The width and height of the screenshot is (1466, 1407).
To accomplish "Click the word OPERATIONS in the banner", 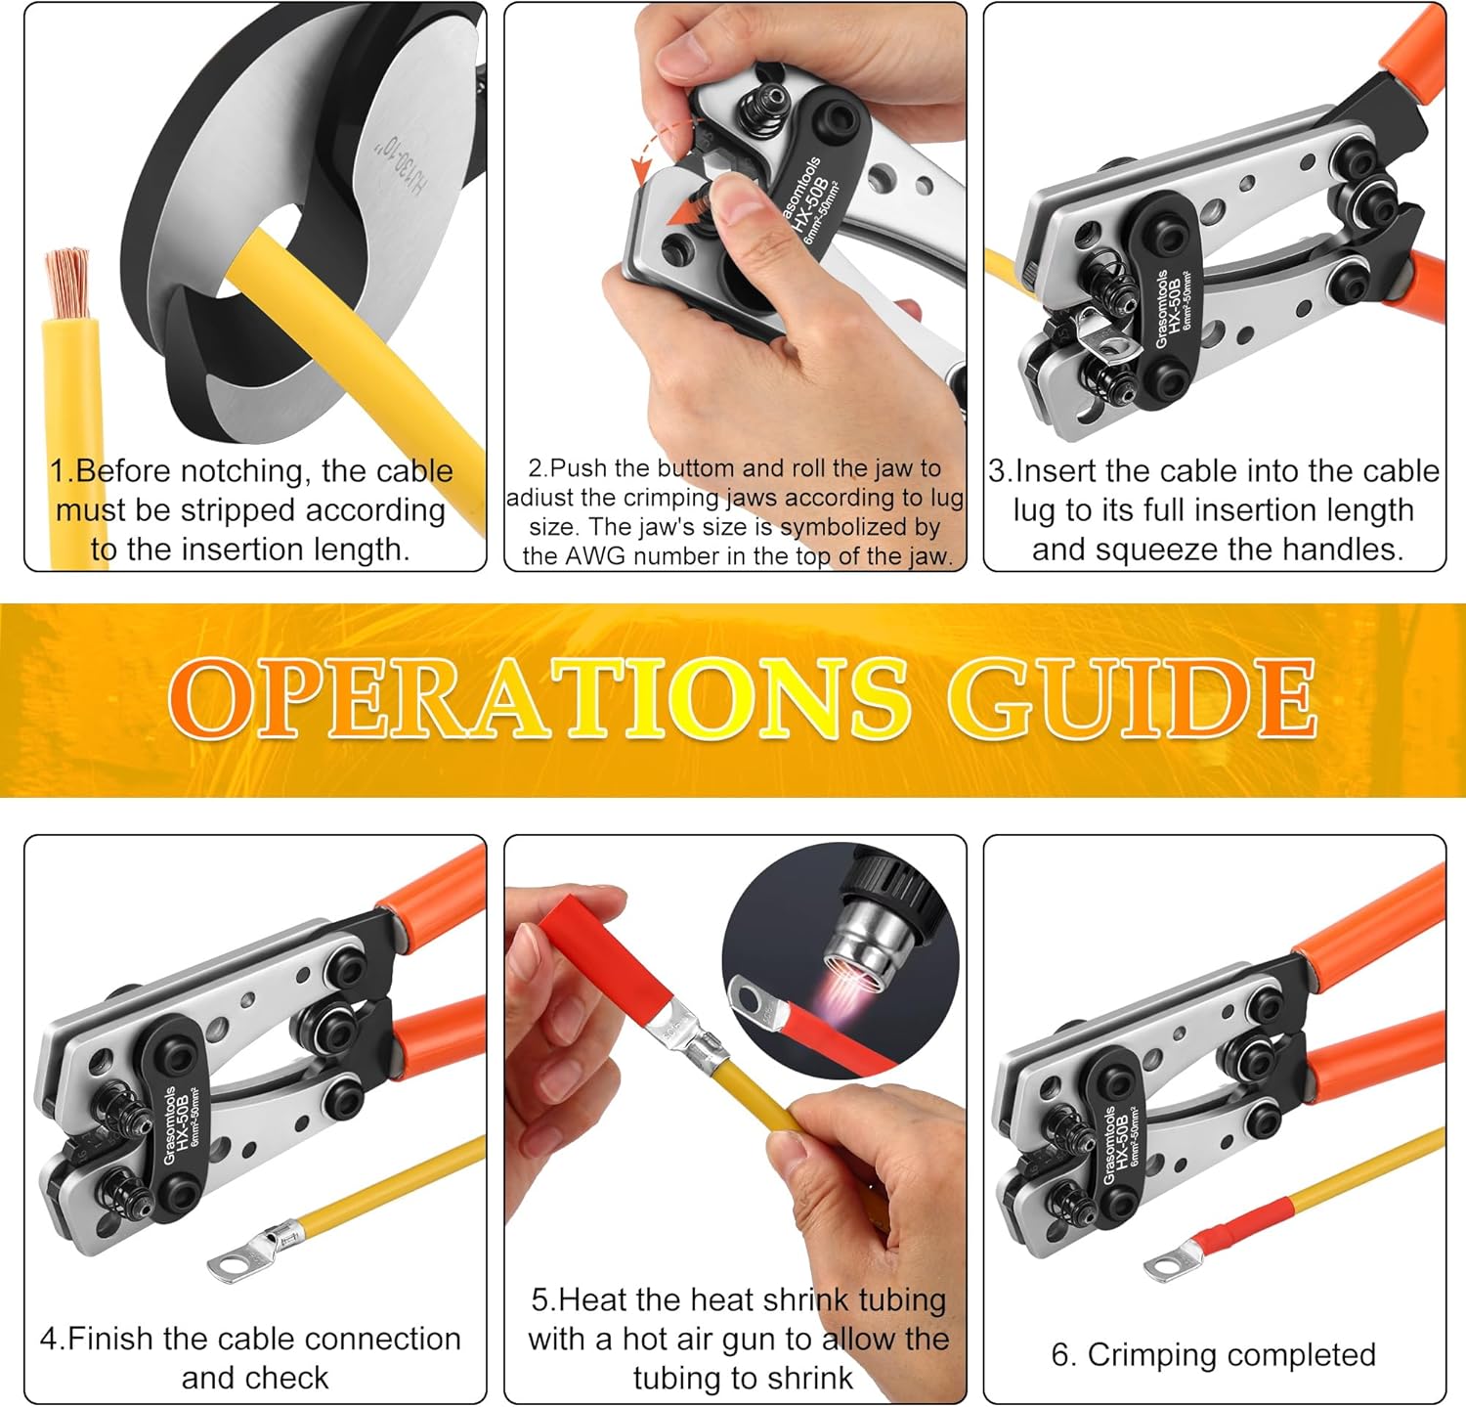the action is click(x=539, y=698).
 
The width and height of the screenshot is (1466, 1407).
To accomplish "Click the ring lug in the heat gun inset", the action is click(x=756, y=1002).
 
